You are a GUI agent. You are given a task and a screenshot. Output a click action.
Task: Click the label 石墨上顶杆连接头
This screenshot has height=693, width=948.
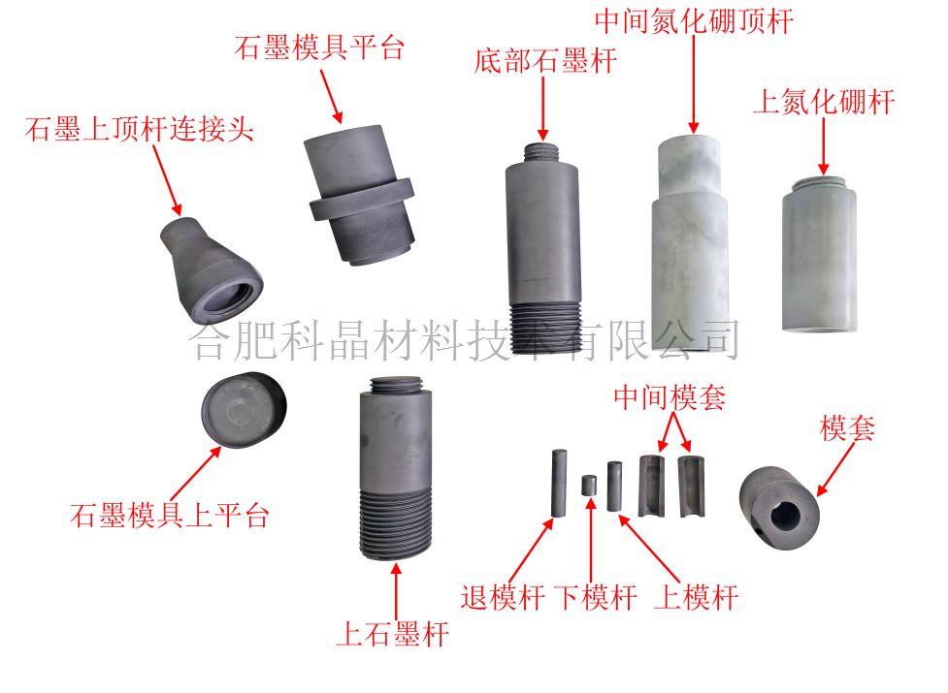point(139,129)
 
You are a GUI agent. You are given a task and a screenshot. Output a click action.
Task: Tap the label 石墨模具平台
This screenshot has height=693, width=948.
point(319,47)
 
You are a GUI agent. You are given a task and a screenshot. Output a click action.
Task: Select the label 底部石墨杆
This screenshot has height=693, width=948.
point(545,61)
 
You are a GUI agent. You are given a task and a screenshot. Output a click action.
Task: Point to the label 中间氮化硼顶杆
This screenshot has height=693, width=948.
point(694,21)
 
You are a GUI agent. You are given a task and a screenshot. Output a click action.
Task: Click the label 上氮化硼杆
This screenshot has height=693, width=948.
point(824,102)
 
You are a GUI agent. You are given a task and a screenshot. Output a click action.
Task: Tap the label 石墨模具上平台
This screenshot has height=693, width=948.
point(169,516)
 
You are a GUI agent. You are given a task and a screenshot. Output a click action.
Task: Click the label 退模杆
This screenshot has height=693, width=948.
point(503,598)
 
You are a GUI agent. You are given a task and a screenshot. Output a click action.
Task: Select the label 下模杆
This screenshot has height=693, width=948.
point(596,598)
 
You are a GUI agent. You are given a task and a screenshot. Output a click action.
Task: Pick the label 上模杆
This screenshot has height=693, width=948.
point(697,598)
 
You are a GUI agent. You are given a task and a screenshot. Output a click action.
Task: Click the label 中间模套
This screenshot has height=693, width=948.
point(670,397)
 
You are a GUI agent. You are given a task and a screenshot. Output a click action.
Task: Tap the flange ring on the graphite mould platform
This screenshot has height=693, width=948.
point(362,200)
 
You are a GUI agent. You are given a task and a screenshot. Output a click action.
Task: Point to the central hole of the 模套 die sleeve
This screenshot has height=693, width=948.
point(785,516)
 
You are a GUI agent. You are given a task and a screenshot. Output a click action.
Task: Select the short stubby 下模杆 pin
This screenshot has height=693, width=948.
point(589,486)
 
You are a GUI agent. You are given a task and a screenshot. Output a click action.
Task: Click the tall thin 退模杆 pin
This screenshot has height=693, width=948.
point(559,484)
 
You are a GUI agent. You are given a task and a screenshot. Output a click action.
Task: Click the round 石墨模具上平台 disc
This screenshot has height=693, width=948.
point(245,410)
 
